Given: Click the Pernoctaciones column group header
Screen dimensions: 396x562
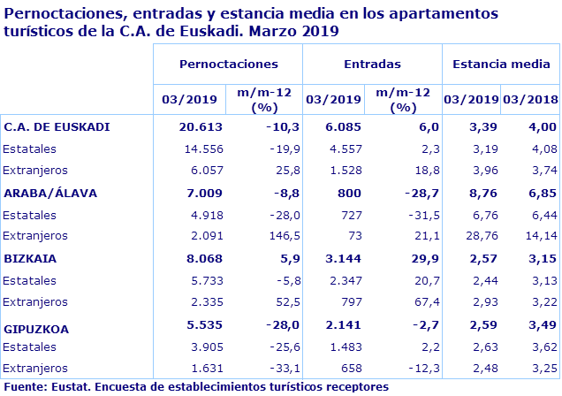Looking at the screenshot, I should pos(228,65).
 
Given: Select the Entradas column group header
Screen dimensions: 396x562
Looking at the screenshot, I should pos(371,65).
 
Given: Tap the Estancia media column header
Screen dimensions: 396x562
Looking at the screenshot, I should pos(500,65).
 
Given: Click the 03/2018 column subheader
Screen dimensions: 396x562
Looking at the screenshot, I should pos(530,99).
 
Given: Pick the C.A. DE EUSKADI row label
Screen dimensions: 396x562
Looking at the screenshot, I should pos(57,126).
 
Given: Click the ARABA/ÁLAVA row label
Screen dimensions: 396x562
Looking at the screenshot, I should pos(50,192).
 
